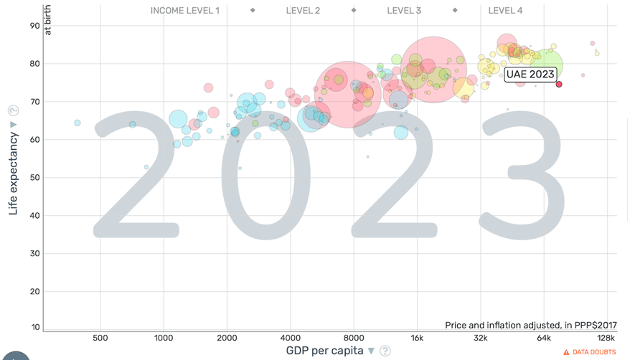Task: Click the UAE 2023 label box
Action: coord(530,74)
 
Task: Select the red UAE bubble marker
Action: coord(559,84)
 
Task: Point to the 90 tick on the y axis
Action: coord(34,26)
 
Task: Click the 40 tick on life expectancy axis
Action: coord(34,215)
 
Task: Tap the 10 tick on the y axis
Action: coord(34,327)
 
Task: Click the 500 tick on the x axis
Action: coord(100,338)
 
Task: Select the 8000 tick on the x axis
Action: coord(353,338)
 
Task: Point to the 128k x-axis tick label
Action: coord(606,338)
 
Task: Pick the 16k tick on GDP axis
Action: coord(417,338)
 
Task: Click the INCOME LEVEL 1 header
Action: coord(185,11)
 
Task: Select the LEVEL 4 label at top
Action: coord(505,11)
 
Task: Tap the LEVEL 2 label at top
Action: coord(303,11)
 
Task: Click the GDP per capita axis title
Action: coord(325,351)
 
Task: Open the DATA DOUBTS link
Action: coord(593,352)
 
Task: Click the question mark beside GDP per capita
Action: coord(385,351)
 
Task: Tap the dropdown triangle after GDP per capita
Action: coord(371,351)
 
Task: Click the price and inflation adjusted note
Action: coord(530,325)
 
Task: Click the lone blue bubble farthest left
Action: coord(77,123)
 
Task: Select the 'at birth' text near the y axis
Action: coord(48,20)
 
